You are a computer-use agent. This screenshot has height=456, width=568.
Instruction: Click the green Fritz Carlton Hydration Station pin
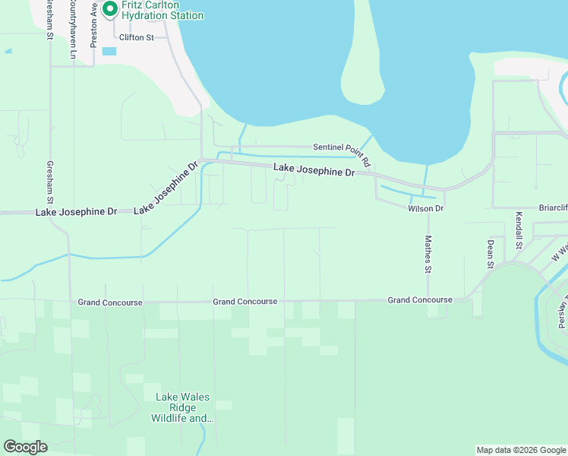tap(109, 9)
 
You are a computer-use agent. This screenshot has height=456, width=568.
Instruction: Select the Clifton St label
tap(137, 36)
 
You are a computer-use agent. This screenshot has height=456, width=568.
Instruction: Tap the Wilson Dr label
tap(425, 208)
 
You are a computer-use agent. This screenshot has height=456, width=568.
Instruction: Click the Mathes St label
tap(428, 254)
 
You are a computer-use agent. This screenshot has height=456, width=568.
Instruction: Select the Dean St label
tap(491, 254)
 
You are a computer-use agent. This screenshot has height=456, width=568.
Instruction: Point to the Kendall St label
tap(519, 231)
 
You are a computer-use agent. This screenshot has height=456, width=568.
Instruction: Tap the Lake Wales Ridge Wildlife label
tap(183, 407)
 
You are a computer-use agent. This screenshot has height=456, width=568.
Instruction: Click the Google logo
tap(25, 447)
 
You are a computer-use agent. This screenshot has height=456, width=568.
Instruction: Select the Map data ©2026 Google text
tap(521, 450)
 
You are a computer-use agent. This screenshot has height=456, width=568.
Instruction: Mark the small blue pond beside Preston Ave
tap(109, 51)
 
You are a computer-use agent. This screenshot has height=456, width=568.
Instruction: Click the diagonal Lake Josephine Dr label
tap(166, 188)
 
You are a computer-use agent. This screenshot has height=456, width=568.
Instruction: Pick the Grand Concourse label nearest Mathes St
tap(420, 300)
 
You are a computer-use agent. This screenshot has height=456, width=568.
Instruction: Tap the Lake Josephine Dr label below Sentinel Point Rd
tap(314, 171)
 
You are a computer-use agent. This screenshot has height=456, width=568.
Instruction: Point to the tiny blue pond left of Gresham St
tap(8, 51)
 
